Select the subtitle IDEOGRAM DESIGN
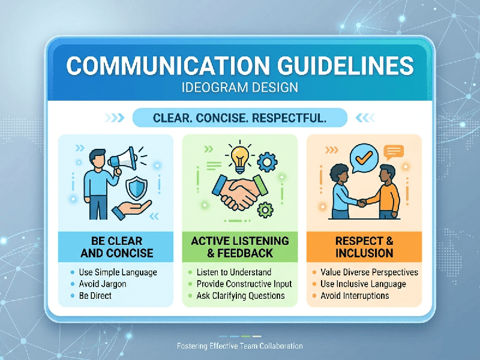tap(239, 88)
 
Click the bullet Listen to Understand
tap(233, 272)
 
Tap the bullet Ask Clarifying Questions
tap(240, 296)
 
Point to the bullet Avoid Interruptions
tap(355, 296)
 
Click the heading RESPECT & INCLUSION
tap(364, 247)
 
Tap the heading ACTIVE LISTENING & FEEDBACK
tap(239, 247)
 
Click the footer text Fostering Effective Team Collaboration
tap(240, 346)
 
